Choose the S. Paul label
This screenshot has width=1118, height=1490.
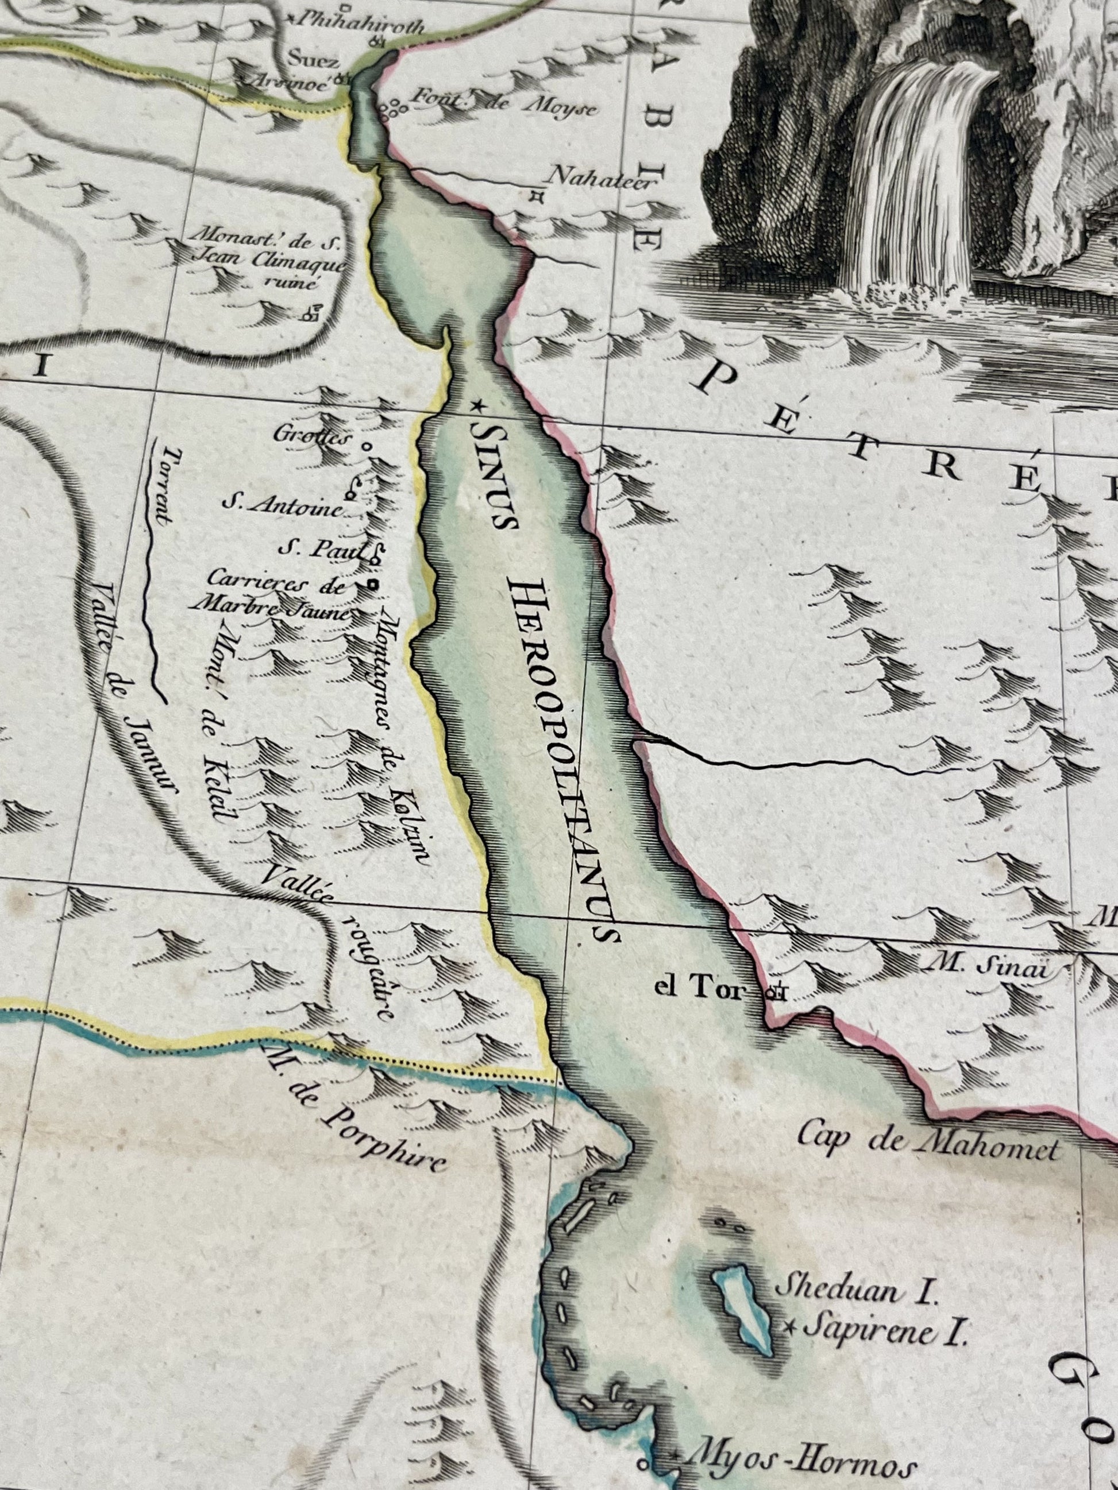pos(322,549)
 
